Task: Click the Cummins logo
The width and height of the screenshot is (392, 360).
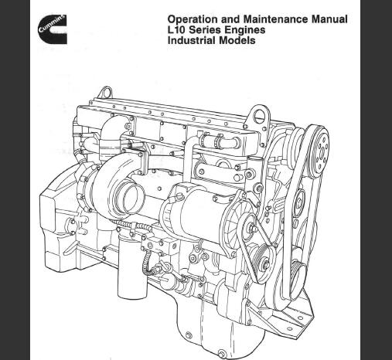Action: point(53,29)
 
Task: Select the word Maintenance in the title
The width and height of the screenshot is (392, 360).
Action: point(275,19)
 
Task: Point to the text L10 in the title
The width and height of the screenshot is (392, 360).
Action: point(176,29)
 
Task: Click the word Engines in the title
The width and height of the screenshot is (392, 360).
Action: point(244,30)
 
